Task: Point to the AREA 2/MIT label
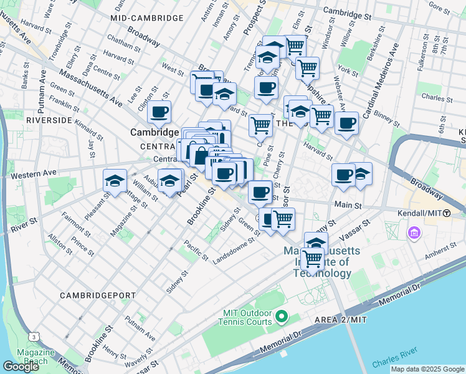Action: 341,320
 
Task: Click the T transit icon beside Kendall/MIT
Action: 446,213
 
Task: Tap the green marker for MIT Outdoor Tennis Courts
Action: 281,318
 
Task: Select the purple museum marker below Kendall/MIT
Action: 412,234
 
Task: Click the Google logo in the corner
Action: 20,367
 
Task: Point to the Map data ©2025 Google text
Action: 427,369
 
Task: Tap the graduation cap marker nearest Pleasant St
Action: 114,181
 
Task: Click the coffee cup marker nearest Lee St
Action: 159,112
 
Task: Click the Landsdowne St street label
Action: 235,250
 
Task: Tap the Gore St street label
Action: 439,11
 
